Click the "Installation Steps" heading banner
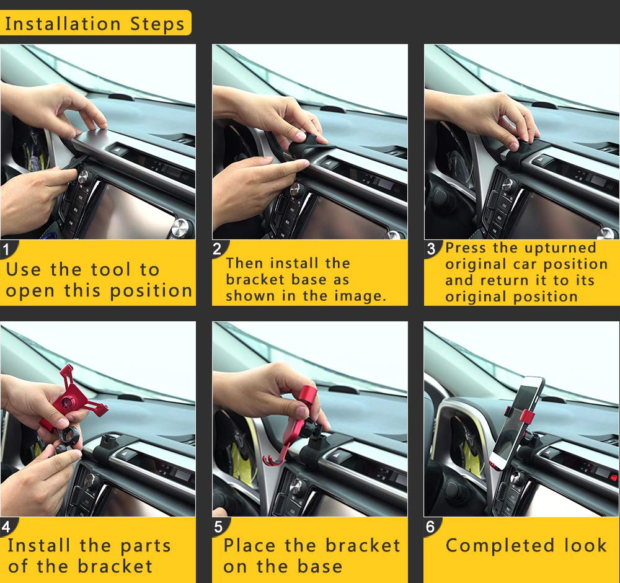95,24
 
